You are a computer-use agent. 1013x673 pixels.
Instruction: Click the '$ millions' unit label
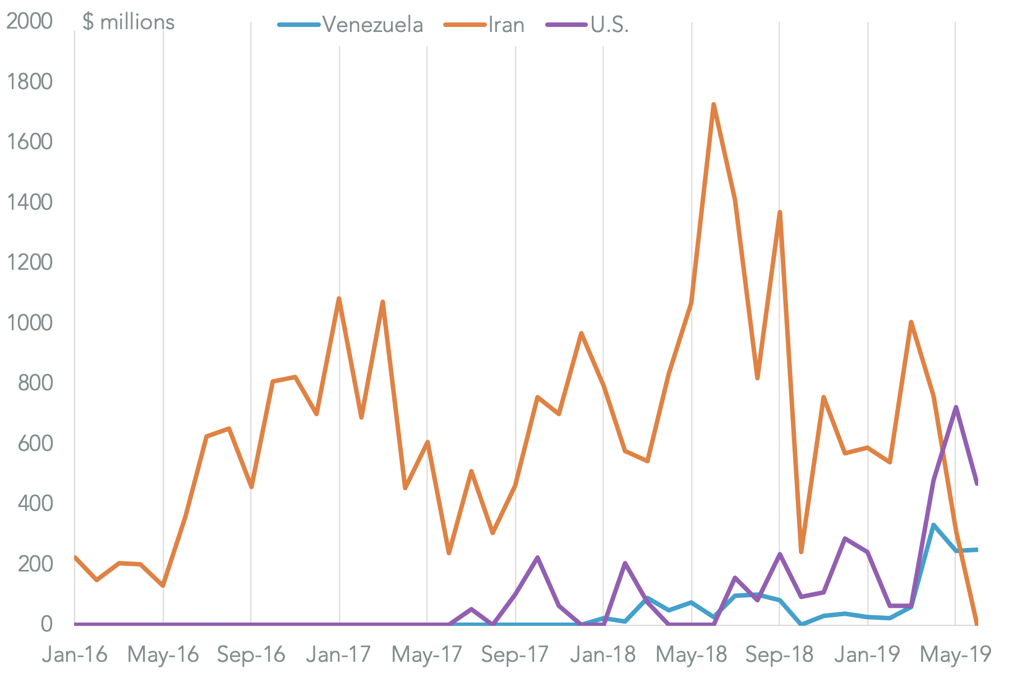(128, 22)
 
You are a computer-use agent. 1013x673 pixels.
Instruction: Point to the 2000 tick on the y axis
(29, 22)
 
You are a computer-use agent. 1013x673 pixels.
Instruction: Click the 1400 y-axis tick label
(29, 202)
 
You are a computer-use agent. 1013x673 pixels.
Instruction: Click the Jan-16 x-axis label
(75, 654)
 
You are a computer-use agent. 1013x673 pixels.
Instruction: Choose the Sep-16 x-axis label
(251, 654)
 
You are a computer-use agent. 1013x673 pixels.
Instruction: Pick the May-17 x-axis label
(427, 654)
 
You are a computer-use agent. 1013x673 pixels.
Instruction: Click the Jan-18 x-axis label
(604, 654)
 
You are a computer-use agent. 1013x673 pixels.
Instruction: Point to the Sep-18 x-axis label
(780, 654)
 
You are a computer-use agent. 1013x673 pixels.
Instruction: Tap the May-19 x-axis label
(956, 654)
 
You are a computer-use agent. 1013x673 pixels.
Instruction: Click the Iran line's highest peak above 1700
(713, 104)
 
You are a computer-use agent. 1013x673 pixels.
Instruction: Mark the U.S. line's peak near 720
(956, 407)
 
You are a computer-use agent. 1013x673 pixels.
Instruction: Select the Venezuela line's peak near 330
(933, 525)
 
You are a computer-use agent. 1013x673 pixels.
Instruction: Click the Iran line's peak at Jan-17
(339, 299)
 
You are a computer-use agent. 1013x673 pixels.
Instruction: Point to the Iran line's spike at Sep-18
(780, 212)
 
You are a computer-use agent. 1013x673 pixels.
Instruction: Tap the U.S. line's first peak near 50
(471, 609)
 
